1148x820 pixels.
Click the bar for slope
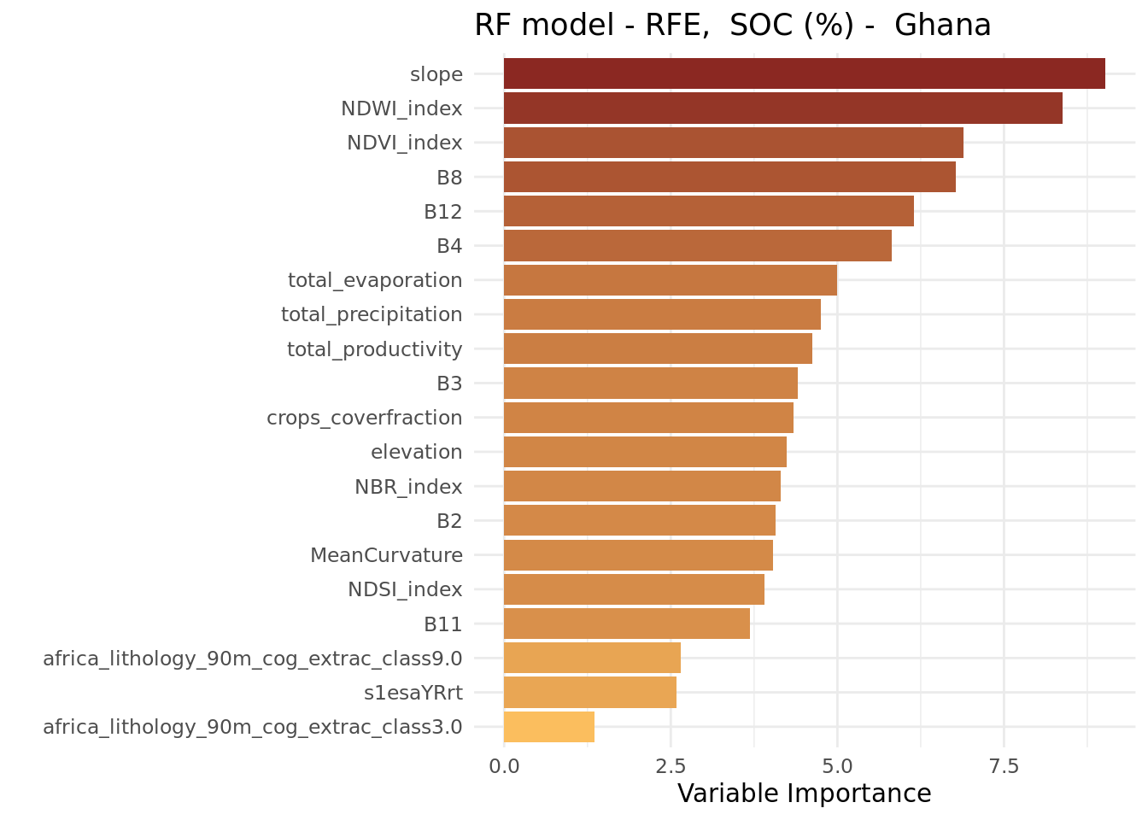tap(804, 73)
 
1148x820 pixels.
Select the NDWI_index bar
tap(783, 108)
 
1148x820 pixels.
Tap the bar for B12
tap(709, 211)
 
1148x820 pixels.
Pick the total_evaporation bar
tap(671, 280)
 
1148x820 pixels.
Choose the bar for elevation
tap(645, 452)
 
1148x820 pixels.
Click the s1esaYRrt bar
tap(590, 693)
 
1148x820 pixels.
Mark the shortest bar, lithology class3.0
tap(549, 727)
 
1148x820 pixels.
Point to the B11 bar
tap(627, 624)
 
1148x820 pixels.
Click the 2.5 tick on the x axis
tap(671, 766)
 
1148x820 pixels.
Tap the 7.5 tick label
tap(1004, 766)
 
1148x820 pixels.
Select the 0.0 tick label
tap(504, 766)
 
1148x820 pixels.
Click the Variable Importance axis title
tap(804, 794)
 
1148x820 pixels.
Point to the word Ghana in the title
tap(942, 25)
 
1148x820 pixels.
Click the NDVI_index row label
tap(405, 143)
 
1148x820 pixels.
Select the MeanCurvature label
tap(386, 555)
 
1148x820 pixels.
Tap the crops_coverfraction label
tap(365, 419)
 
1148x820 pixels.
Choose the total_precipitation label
tap(372, 314)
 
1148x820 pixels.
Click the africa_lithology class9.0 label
tap(253, 659)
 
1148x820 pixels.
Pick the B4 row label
tap(449, 246)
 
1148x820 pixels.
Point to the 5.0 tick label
tap(837, 766)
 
